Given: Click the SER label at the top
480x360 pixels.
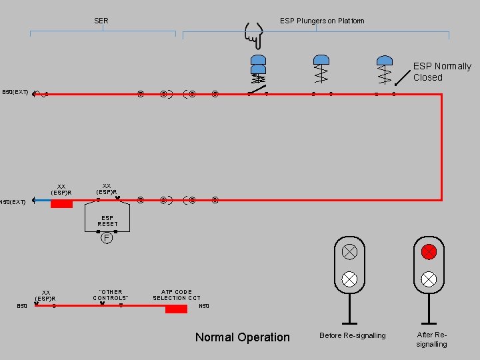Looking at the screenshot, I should (x=101, y=21).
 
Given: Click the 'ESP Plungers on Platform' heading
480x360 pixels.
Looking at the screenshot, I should (x=322, y=21).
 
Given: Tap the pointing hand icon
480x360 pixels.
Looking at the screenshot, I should (x=253, y=35).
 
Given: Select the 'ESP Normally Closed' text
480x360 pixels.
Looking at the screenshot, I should (x=441, y=71).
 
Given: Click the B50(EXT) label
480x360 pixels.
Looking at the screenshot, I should (x=15, y=92).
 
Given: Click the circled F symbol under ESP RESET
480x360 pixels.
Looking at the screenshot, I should (x=106, y=237).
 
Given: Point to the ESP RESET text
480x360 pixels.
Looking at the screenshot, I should (x=107, y=221).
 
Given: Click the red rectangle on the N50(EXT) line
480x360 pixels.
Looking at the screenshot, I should (x=61, y=203).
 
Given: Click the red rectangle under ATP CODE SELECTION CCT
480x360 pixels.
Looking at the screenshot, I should (x=176, y=309).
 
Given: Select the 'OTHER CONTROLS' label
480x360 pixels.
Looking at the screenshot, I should (x=111, y=295).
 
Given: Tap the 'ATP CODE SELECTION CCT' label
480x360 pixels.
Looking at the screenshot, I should (x=177, y=295).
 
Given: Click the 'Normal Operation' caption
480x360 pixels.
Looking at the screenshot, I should (x=242, y=337).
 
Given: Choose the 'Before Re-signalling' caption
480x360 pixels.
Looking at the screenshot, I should (x=352, y=335).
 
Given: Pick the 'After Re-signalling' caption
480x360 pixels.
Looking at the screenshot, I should (x=431, y=339).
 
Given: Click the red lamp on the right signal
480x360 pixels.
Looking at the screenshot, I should (x=429, y=252).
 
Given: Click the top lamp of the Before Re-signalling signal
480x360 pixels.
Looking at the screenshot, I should (x=349, y=252).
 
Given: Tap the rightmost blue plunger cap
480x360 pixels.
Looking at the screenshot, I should (x=384, y=61).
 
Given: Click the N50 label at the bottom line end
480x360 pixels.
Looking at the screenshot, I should (x=204, y=306).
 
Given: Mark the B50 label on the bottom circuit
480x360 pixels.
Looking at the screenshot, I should (x=22, y=306).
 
